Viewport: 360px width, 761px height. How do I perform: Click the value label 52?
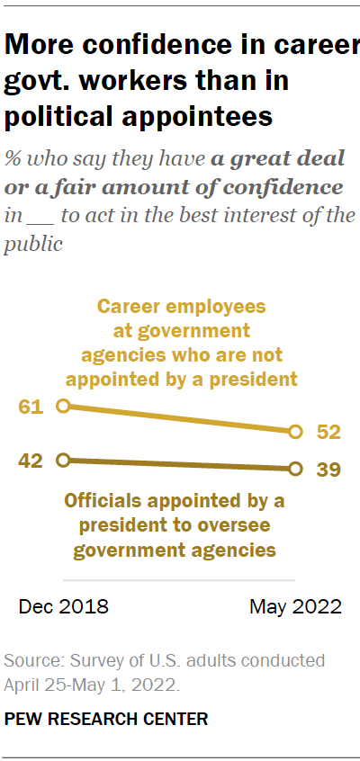click(328, 433)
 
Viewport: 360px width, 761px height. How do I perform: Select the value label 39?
click(328, 470)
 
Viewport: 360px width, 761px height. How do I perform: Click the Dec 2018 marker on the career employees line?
click(62, 407)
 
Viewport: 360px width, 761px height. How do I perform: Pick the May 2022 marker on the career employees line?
click(295, 433)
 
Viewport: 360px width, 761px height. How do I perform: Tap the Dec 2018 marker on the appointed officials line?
click(62, 460)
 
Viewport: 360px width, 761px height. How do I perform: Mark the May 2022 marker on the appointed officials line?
click(295, 469)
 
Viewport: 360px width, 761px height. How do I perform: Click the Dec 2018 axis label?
click(63, 607)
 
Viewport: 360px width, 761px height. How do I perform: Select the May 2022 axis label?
click(295, 607)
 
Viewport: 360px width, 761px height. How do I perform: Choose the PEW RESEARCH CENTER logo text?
click(106, 719)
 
